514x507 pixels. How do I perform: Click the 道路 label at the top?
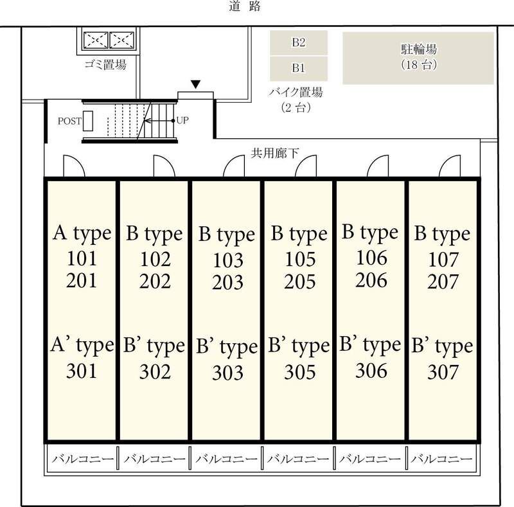(x=244, y=8)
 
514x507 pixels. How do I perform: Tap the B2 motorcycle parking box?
(x=298, y=43)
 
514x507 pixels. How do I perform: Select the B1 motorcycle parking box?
(x=298, y=67)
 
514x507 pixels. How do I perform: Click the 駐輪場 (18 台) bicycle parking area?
(x=418, y=58)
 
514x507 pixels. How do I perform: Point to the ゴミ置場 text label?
(x=105, y=64)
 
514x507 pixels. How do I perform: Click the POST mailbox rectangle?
(x=88, y=120)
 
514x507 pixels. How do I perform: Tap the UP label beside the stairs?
(x=182, y=120)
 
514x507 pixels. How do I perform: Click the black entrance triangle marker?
(x=195, y=84)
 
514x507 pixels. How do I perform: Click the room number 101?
(x=82, y=259)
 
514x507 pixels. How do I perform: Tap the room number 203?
(x=228, y=283)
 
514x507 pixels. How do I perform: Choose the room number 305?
(x=300, y=372)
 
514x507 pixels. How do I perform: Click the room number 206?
(x=371, y=280)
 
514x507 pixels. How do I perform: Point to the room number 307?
(x=443, y=372)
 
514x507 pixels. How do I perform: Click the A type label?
(x=82, y=233)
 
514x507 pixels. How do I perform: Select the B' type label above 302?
(x=154, y=347)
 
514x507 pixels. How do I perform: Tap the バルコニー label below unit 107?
(x=443, y=459)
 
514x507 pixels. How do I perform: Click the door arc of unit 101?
(x=73, y=166)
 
